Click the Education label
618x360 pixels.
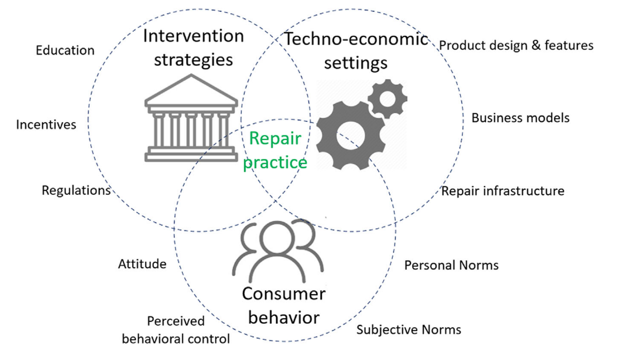tap(65, 50)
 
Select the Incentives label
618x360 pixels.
tap(46, 124)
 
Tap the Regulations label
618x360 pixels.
tap(76, 190)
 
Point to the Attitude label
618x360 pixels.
tap(142, 264)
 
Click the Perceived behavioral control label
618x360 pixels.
tap(176, 330)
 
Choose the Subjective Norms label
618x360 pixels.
tap(409, 329)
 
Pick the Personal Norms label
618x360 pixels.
tap(451, 265)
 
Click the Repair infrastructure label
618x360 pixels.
tap(503, 191)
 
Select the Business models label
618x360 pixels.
tap(520, 118)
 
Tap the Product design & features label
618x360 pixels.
tap(516, 45)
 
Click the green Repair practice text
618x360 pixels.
tap(275, 150)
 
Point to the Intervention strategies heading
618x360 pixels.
tap(194, 47)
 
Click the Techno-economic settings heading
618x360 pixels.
tap(356, 50)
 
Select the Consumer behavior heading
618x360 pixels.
tap(283, 305)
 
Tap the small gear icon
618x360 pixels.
tap(387, 99)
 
